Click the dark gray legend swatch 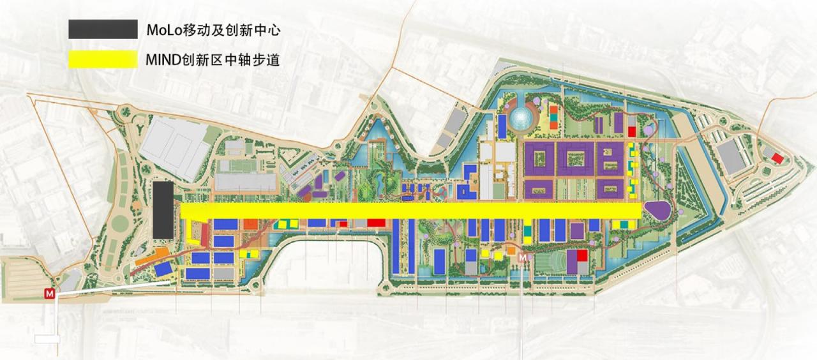(x=103, y=29)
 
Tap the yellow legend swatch (x=103, y=60)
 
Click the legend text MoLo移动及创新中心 (x=213, y=29)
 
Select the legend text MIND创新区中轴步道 (x=213, y=61)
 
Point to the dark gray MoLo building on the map (x=162, y=209)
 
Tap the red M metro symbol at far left (x=49, y=294)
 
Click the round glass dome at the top (x=521, y=118)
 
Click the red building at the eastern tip (x=777, y=158)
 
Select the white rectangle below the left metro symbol (x=47, y=339)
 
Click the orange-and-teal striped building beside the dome (x=553, y=119)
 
